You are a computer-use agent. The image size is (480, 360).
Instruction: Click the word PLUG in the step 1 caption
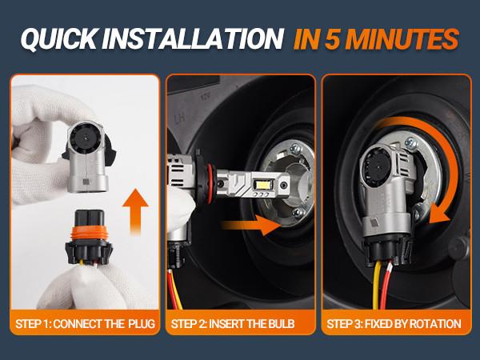(139, 325)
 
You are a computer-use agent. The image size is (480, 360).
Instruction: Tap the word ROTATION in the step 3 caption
(435, 325)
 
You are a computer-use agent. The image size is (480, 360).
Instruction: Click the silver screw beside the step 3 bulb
(412, 143)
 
